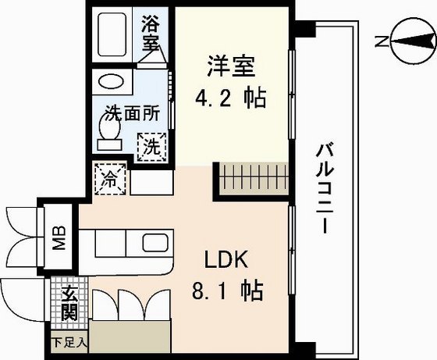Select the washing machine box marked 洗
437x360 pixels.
point(150,145)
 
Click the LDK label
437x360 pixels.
point(226,259)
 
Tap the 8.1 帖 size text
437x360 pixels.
point(227,291)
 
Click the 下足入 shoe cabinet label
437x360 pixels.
point(70,340)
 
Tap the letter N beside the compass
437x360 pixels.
point(378,42)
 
